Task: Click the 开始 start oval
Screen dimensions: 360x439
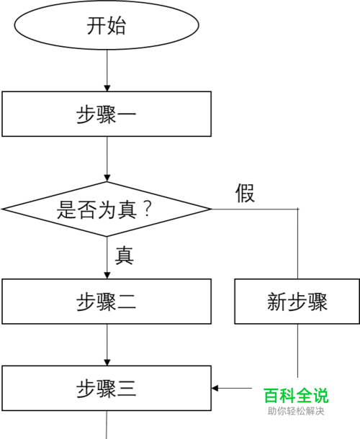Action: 107,25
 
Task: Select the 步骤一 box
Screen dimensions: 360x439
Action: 107,114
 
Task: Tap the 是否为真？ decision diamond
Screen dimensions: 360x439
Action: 107,209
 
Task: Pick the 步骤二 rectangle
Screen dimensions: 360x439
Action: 107,302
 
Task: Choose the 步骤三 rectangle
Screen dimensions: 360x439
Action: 107,389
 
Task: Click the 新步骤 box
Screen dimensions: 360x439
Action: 297,302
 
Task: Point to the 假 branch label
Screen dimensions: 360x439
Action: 245,193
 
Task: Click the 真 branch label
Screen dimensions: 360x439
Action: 125,255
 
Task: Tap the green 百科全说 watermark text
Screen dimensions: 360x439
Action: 296,395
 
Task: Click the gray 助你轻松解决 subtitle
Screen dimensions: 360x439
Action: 296,411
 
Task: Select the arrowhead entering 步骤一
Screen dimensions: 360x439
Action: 107,88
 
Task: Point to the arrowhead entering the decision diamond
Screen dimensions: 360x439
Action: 107,178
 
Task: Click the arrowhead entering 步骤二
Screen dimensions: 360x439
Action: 107,275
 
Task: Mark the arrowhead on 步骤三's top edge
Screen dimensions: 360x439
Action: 107,362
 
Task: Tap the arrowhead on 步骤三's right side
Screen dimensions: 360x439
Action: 215,389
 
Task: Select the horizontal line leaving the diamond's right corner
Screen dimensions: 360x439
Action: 255,209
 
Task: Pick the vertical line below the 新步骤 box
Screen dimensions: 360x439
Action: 298,350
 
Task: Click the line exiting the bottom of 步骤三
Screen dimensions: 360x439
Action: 107,425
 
